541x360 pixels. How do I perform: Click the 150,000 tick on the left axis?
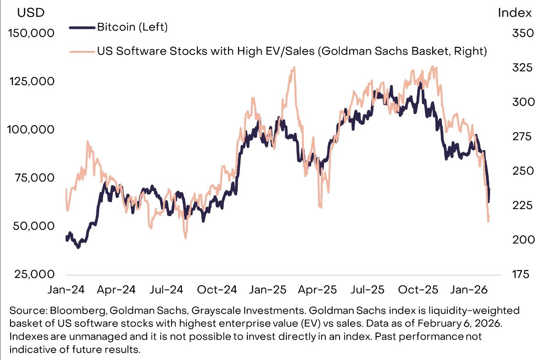[x=31, y=33]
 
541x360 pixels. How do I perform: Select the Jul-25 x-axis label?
[x=367, y=290]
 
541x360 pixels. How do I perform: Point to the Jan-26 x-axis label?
[x=468, y=290]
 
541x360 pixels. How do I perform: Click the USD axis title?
[x=31, y=13]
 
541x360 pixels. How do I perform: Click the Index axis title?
[x=515, y=13]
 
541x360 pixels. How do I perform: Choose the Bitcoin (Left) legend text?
[x=133, y=27]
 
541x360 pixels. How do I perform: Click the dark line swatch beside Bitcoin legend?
[x=83, y=28]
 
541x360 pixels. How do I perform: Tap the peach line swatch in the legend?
[x=83, y=51]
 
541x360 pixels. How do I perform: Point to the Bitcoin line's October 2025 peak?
[x=419, y=84]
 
